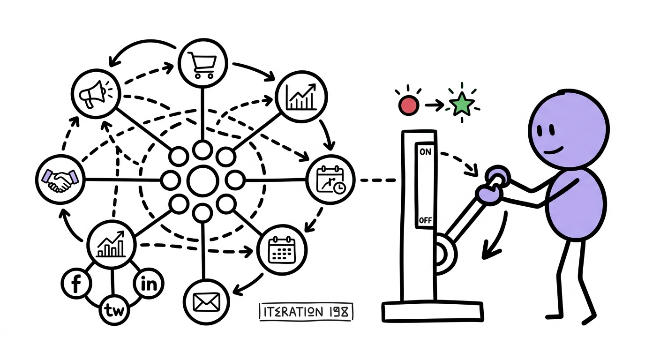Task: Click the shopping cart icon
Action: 202,65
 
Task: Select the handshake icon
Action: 60,180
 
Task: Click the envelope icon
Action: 206,302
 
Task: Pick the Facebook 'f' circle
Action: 76,283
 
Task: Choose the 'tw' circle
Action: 114,310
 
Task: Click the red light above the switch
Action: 409,105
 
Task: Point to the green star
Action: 463,104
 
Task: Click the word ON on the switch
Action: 425,151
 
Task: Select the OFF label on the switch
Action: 425,220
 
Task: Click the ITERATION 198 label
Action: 306,312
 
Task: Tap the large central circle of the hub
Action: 202,181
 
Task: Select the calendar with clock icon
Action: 330,180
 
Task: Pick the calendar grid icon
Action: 282,250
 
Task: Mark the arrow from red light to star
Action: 434,105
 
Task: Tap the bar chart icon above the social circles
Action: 111,244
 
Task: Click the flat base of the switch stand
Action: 433,312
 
